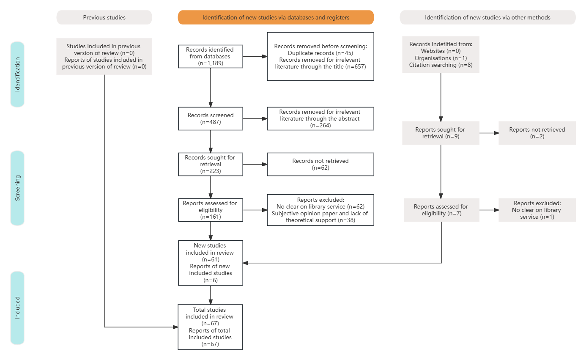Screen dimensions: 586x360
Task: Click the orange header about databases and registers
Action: (x=276, y=17)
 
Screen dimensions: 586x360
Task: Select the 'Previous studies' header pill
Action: (x=104, y=17)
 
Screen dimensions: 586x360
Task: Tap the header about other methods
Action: (x=487, y=17)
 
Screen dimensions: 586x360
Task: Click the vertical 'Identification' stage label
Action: (x=17, y=74)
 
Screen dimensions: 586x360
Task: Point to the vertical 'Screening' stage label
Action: (x=17, y=188)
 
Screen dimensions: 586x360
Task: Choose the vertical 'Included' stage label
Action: (x=17, y=308)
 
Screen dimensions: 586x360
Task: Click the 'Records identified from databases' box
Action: (x=211, y=56)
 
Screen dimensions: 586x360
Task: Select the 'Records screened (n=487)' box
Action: (x=211, y=118)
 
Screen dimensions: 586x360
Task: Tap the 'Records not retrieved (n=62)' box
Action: (x=320, y=164)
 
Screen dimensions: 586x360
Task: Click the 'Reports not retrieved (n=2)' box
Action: (x=537, y=133)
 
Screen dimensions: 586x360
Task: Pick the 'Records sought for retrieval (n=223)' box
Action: (x=211, y=164)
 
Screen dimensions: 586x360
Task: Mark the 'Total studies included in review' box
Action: (x=210, y=327)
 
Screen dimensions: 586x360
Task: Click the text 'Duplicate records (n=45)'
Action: (x=320, y=53)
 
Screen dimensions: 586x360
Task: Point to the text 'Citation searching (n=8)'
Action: (x=441, y=65)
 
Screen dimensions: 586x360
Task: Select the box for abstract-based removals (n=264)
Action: (x=320, y=118)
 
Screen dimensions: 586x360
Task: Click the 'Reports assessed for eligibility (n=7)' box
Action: (x=441, y=210)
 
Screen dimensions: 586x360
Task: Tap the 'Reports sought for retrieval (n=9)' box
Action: (x=441, y=133)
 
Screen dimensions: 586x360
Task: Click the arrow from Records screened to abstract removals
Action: (x=255, y=118)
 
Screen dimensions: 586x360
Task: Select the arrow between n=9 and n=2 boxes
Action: (x=489, y=133)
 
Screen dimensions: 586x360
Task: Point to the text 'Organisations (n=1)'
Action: (x=441, y=58)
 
